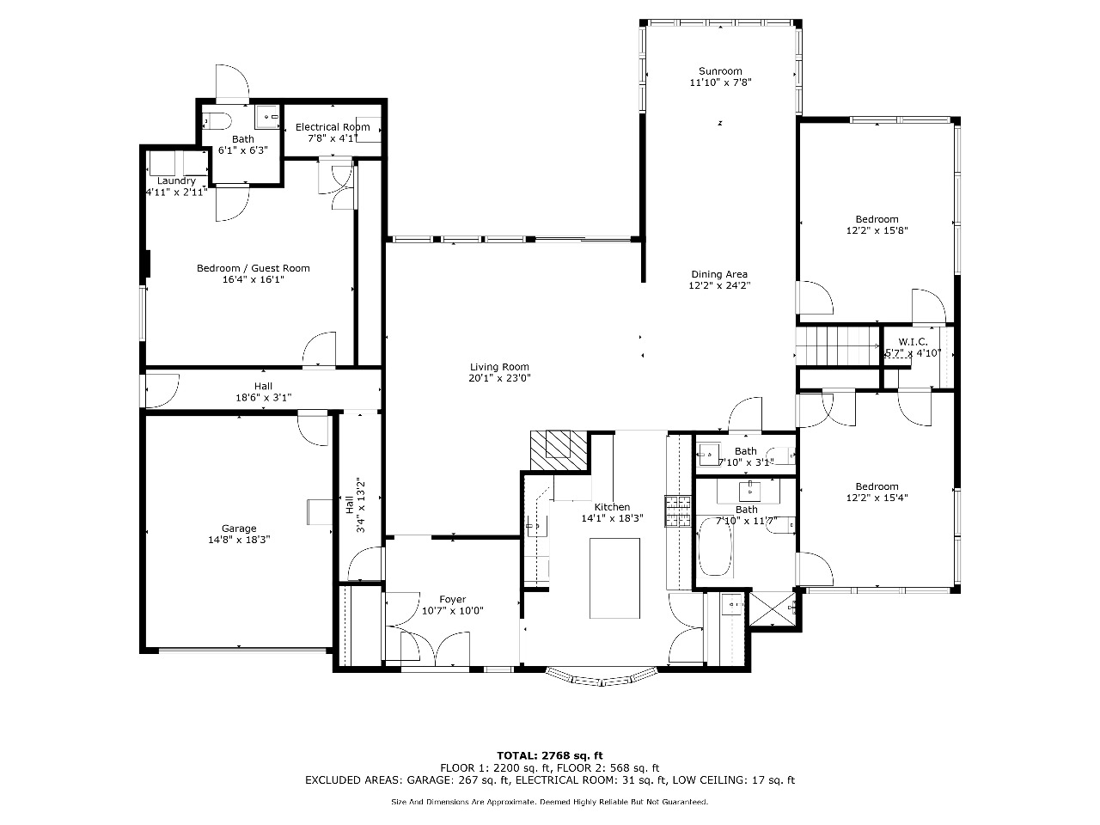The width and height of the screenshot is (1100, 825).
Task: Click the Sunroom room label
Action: click(x=720, y=71)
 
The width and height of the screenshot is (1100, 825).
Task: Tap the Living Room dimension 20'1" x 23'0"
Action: click(x=499, y=378)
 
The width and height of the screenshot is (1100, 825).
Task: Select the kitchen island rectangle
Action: click(x=614, y=578)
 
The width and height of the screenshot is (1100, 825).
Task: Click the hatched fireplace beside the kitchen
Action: click(x=559, y=449)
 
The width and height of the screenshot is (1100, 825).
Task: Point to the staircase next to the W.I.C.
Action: click(x=838, y=346)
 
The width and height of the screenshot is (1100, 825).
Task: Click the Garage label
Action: click(x=239, y=529)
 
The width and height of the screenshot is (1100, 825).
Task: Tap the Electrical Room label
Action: click(x=333, y=127)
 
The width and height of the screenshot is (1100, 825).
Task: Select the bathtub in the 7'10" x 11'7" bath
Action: click(x=715, y=547)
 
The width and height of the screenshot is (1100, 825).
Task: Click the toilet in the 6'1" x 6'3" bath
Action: click(x=217, y=120)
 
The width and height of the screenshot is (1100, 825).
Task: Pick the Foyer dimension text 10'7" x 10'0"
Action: click(x=453, y=611)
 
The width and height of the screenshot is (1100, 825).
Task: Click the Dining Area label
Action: click(x=719, y=274)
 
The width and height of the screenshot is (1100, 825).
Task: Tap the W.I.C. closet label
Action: click(x=913, y=342)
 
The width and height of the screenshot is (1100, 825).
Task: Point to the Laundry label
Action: click(x=176, y=180)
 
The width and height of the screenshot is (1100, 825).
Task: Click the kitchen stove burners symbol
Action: click(x=678, y=511)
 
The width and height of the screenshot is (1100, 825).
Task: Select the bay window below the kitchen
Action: click(x=601, y=675)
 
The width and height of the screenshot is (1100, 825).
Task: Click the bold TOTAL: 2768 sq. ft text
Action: click(x=550, y=755)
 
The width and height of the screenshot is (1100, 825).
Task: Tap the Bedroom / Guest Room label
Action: click(x=253, y=268)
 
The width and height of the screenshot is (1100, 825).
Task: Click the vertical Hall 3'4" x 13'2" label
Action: click(x=355, y=506)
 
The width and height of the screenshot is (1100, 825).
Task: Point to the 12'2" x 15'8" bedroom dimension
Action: click(x=877, y=230)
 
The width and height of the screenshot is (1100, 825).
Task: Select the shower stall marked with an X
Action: click(x=773, y=608)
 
